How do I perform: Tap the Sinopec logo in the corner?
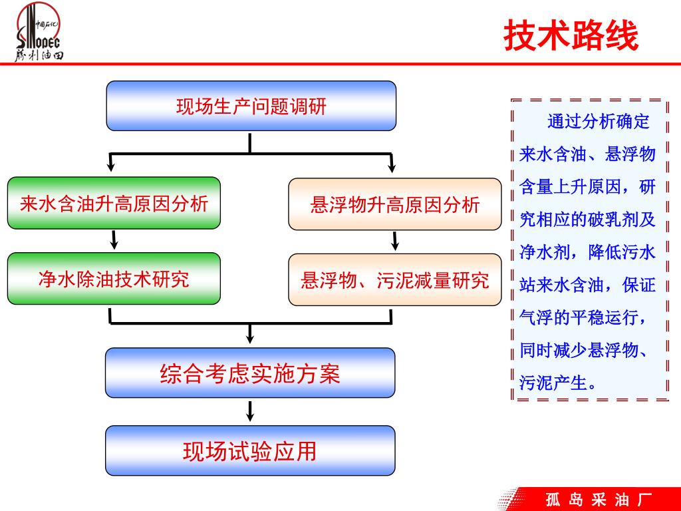[x=39, y=33]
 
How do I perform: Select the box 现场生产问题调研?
[x=251, y=106]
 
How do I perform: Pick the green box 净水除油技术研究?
[x=114, y=279]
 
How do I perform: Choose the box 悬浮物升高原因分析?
[x=394, y=204]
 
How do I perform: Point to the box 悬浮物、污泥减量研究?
[x=394, y=280]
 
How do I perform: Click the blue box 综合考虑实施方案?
[x=250, y=373]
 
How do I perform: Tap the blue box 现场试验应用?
[x=250, y=451]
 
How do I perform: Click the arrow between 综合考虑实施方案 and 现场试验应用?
[x=250, y=411]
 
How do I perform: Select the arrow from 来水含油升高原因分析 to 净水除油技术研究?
[x=114, y=240]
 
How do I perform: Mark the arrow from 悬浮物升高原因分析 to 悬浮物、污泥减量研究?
[x=394, y=241]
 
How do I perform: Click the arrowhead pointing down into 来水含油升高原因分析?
[x=110, y=164]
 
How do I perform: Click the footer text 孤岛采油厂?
[x=598, y=499]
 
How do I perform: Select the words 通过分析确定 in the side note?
[x=598, y=122]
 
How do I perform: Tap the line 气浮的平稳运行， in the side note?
[x=583, y=317]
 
